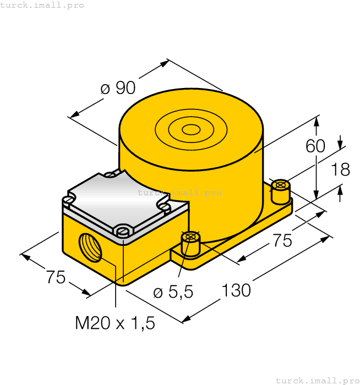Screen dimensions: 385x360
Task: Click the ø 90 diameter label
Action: pos(118,88)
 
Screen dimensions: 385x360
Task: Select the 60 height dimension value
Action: pos(316,146)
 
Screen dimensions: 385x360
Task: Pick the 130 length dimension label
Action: pos(237,290)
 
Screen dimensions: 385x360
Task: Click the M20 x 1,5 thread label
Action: pos(115,323)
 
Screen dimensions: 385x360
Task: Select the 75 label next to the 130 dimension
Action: pos(282,240)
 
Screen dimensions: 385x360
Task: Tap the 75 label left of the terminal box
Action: pos(56,278)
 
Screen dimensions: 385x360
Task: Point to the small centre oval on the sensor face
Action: pos(191,130)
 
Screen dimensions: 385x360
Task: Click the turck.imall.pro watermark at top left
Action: pos(42,5)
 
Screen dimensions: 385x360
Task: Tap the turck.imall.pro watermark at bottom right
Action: pos(317,380)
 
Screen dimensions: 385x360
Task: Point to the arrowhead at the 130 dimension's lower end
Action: pos(187,319)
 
